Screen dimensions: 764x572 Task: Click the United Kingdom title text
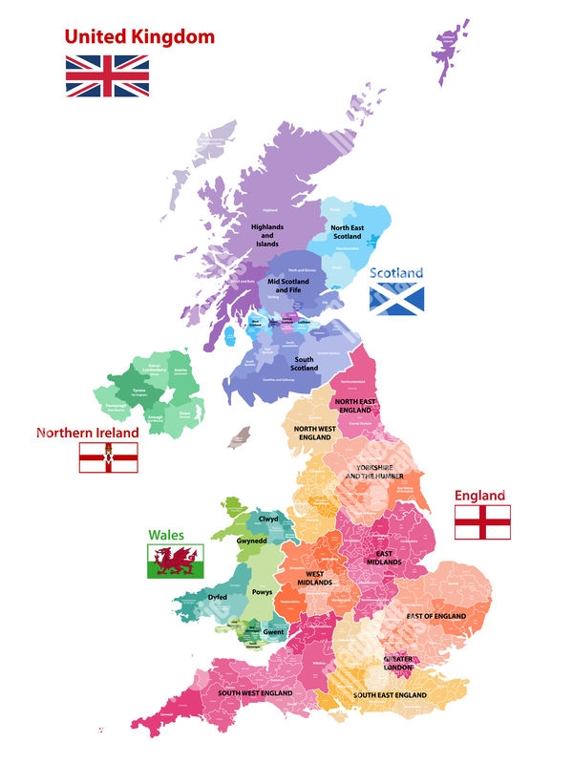139,37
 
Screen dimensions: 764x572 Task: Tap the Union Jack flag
107,75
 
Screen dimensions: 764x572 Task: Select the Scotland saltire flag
396,299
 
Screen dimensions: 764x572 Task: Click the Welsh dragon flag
174,561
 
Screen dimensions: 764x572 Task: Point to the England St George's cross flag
481,522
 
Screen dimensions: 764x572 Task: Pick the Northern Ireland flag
107,457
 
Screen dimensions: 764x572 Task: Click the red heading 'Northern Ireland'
87,433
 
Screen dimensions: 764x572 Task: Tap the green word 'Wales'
166,536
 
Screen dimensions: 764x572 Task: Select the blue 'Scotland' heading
396,273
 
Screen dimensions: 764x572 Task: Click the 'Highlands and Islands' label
267,235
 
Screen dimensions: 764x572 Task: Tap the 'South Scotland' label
304,364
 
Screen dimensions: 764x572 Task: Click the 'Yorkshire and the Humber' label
374,472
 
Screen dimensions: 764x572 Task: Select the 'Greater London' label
398,663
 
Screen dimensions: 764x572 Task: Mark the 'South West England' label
254,692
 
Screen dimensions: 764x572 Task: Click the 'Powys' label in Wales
262,592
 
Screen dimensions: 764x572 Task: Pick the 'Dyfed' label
218,597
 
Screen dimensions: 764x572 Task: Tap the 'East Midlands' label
384,558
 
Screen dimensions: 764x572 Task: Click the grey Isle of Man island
239,437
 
